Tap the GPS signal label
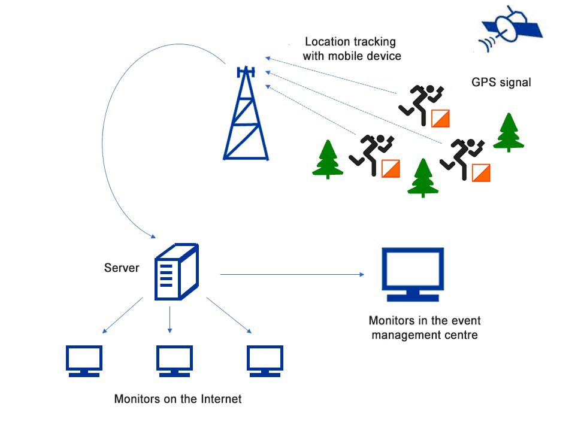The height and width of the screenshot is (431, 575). (501, 82)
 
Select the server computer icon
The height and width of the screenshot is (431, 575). (176, 272)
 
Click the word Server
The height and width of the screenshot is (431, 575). (122, 268)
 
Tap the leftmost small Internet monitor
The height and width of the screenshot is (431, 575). (84, 361)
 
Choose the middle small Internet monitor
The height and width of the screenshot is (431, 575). (174, 361)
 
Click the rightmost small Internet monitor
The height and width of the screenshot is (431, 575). (265, 361)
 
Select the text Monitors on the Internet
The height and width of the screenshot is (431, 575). (178, 399)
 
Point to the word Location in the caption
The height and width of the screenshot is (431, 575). (326, 42)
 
